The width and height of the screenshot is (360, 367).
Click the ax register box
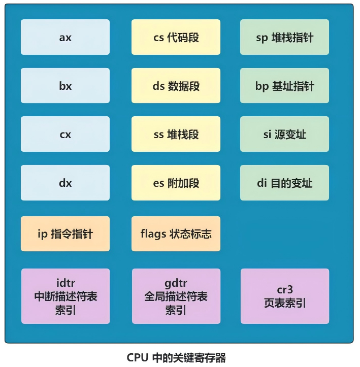coord(65,37)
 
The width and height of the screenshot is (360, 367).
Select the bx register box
coord(65,85)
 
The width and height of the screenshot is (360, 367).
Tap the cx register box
coord(65,134)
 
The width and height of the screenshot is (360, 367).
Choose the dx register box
coord(65,183)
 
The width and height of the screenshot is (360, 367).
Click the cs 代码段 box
coord(176,37)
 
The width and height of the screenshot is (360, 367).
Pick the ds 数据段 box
coord(176,85)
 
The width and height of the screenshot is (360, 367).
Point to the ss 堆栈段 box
coord(176,134)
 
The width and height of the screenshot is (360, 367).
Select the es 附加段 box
coord(176,183)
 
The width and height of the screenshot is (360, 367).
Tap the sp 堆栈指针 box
coord(284,37)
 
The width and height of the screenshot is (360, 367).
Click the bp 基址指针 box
coord(284,85)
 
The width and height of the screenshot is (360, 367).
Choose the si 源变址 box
coord(284,134)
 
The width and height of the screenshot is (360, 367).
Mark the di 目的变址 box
coord(284,183)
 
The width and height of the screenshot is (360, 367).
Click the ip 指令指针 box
coord(65,233)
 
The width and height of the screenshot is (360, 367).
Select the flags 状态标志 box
coord(176,233)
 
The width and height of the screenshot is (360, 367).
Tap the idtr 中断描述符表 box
coord(66,296)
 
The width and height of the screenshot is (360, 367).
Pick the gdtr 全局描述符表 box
coord(176,296)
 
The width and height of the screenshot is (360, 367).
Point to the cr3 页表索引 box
coord(285,296)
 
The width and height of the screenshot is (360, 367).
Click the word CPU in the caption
coord(138,358)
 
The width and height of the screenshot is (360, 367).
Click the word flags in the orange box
coord(153,234)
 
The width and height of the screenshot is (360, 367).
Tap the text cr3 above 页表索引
coord(285,290)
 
